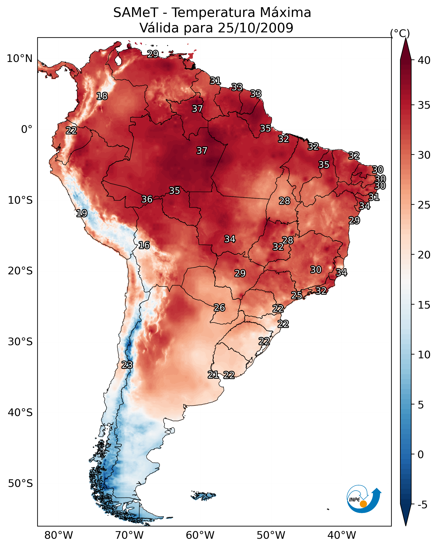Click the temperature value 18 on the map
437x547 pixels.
(102, 96)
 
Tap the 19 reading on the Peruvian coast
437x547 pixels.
(82, 213)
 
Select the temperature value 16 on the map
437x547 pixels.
(144, 245)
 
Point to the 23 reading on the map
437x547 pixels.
(127, 365)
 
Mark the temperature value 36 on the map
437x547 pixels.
(147, 199)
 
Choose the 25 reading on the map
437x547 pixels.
(296, 295)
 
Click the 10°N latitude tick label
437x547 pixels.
(19, 59)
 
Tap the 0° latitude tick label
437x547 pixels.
(27, 129)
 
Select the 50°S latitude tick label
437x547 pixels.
(20, 483)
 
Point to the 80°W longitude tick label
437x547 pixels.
(59, 535)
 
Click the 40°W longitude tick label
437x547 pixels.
(342, 535)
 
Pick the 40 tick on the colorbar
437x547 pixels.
(424, 60)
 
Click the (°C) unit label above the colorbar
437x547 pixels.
(400, 33)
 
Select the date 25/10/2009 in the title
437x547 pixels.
(255, 28)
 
